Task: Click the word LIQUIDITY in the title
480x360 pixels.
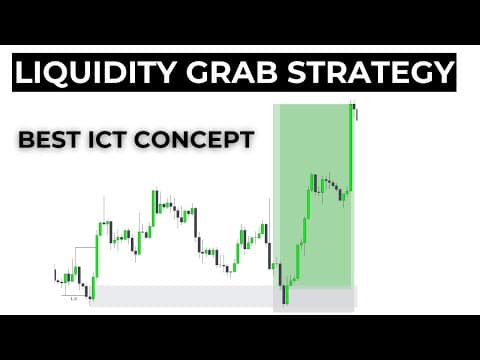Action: pos(95,72)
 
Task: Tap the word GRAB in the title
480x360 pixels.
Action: pos(232,72)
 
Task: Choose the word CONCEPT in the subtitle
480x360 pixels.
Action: pos(194,139)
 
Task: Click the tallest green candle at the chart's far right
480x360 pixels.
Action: pos(351,148)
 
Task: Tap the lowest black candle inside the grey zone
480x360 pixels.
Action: pos(284,294)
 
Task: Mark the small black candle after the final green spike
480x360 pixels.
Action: pos(357,112)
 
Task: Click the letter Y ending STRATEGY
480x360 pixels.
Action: pos(442,72)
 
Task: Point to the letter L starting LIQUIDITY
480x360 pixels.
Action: pos(24,72)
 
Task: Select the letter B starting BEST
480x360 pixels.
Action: pos(26,139)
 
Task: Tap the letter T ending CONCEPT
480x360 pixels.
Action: pos(247,139)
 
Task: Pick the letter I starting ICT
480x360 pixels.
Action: pos(90,139)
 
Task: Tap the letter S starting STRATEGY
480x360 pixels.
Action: pos(297,72)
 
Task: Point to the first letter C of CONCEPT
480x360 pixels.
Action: pos(142,139)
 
